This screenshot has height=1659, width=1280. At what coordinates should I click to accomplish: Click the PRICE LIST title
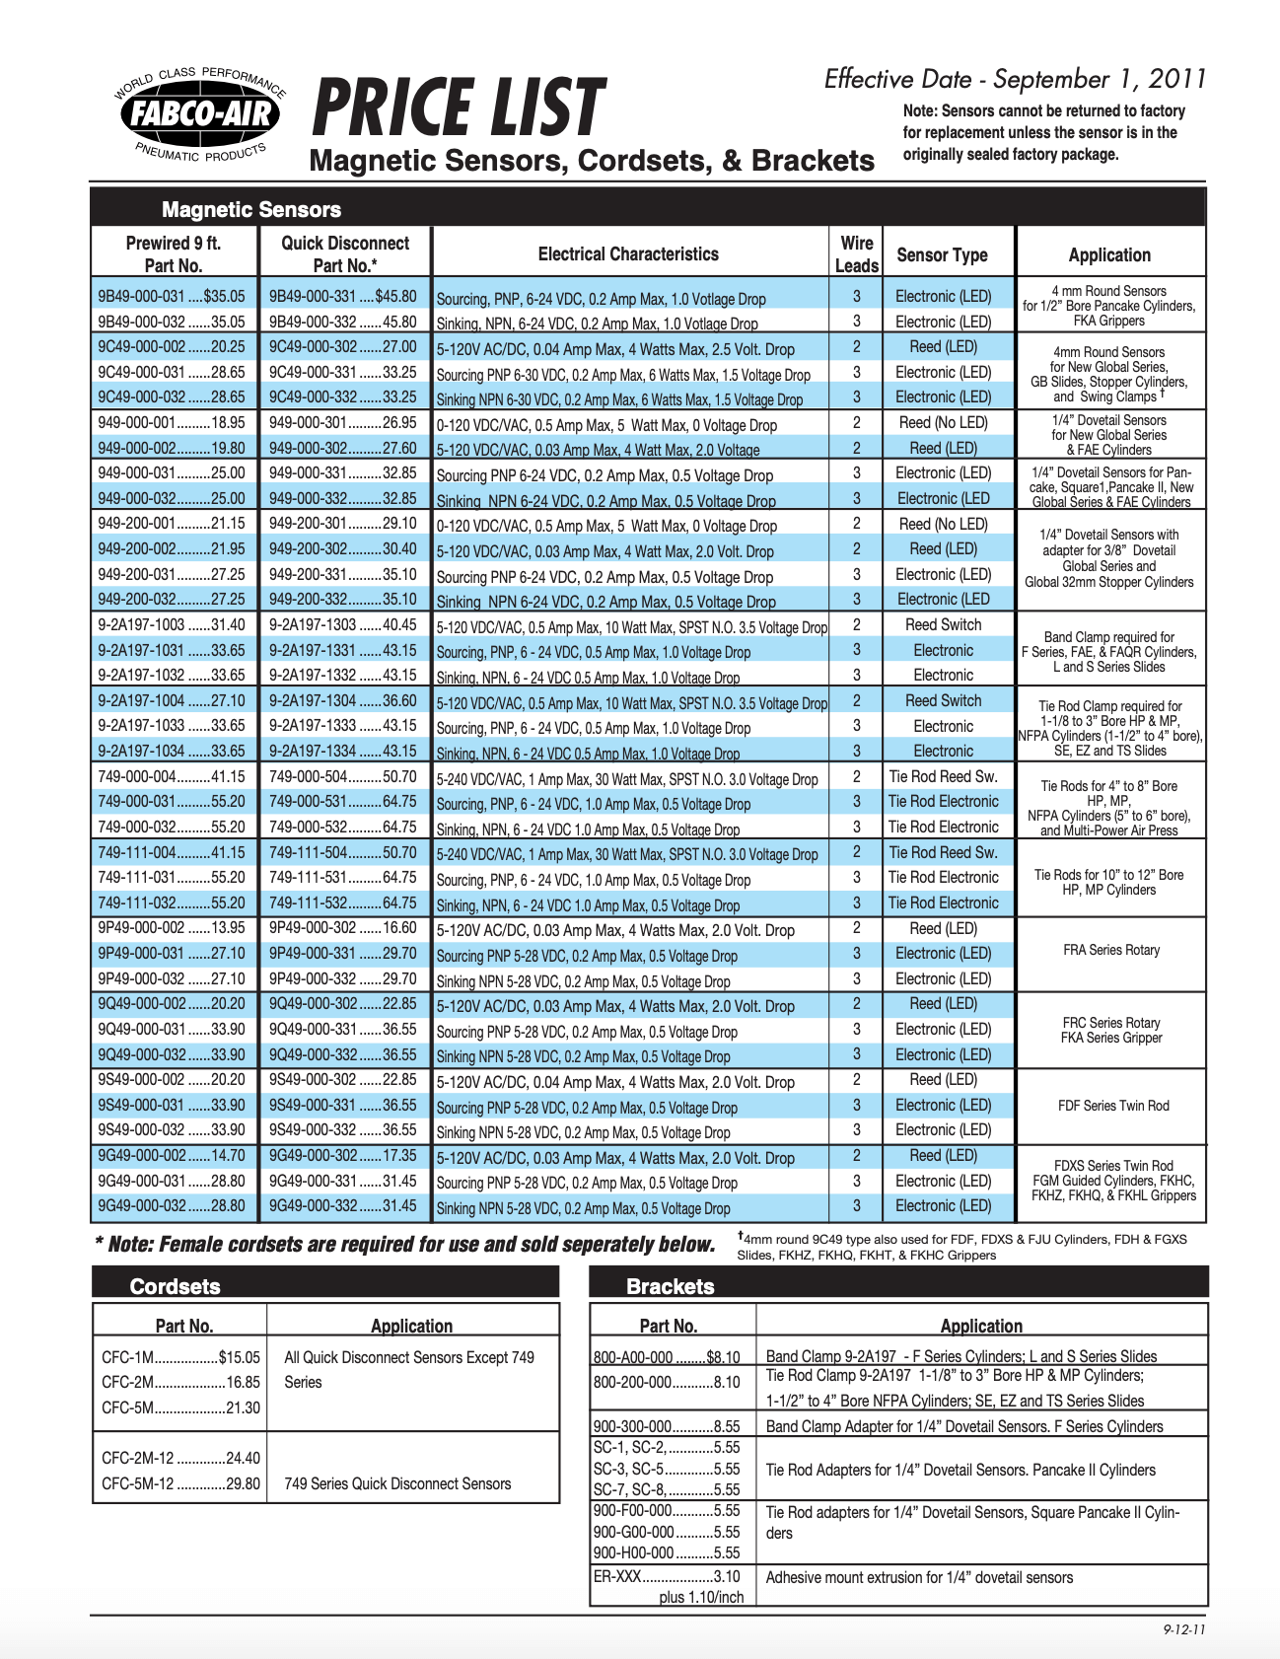[458, 108]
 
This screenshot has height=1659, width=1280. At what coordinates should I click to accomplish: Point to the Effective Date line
[1015, 79]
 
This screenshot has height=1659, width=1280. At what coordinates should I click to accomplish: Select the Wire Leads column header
[856, 254]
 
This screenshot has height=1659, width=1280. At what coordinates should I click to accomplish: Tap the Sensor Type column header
[942, 254]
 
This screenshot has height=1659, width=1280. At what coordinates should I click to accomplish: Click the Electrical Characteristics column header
[628, 254]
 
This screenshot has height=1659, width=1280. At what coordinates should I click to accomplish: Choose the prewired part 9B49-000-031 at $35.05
[172, 296]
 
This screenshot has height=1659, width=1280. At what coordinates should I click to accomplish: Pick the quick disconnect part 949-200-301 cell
[342, 524]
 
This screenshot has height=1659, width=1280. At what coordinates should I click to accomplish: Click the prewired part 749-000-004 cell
[172, 776]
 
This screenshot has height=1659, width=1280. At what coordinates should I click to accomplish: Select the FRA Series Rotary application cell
[1110, 950]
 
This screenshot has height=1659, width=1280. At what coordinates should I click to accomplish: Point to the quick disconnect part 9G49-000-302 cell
[342, 1155]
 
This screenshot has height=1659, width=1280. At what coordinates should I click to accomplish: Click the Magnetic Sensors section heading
[251, 209]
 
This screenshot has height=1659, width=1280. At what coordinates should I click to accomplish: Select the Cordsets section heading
[176, 1286]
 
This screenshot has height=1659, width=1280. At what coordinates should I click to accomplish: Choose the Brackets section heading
[671, 1286]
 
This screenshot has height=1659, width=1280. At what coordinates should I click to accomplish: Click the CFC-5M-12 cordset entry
[180, 1483]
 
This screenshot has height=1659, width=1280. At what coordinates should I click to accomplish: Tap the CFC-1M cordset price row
[180, 1357]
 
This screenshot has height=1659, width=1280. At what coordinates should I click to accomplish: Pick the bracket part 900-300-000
[667, 1426]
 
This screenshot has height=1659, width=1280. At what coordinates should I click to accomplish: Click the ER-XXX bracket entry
[667, 1576]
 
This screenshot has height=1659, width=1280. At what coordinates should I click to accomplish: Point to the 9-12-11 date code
[1184, 1629]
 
